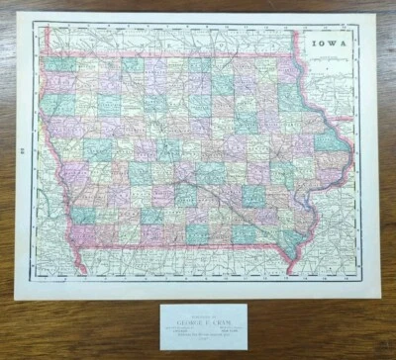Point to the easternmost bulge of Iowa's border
351,144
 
